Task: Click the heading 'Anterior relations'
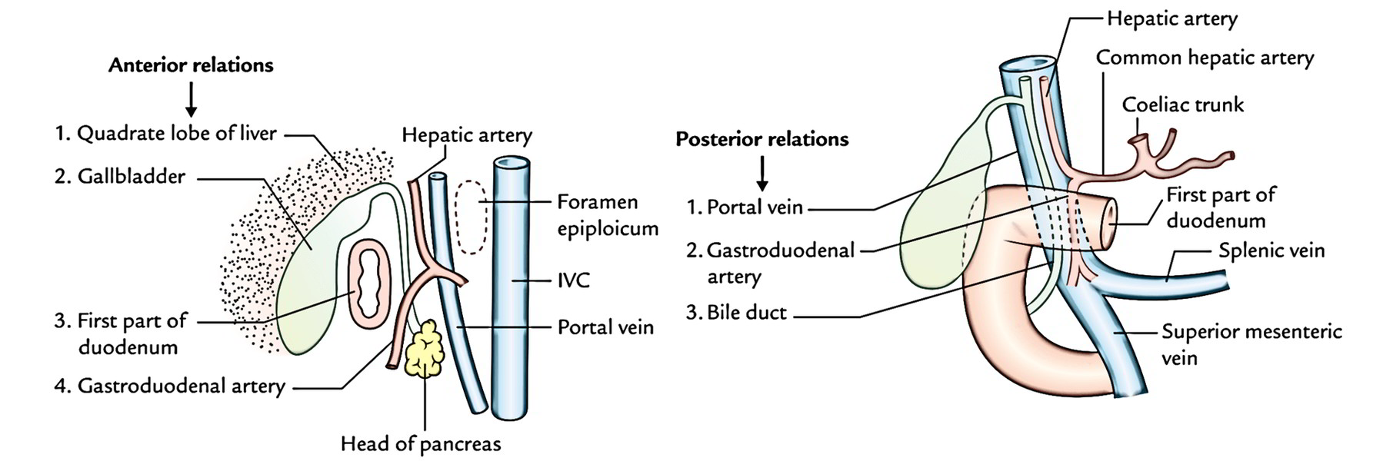coord(191,65)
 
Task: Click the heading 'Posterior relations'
coord(761,139)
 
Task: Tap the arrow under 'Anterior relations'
coord(192,98)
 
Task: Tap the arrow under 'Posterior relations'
coord(762,174)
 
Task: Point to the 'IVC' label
coord(574,280)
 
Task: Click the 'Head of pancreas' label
coord(421,444)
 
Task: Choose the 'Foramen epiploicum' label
coord(607,215)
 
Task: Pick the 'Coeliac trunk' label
coord(1182,104)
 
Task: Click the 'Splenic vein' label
coord(1271,250)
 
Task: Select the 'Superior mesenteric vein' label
coord(1251,344)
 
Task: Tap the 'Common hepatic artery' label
coord(1205,58)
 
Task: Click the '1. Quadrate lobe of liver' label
coord(165,133)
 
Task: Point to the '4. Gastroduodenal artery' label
coord(170,386)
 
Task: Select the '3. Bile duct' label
coord(736,313)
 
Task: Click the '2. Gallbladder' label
coord(120,177)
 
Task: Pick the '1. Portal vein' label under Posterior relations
coord(745,207)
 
